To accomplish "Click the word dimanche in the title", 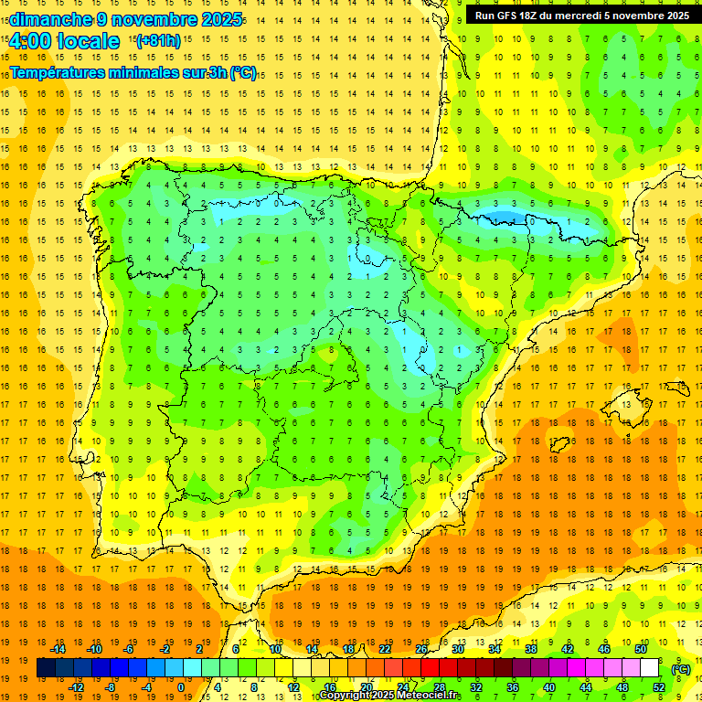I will click(42, 19).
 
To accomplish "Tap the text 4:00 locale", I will click(64, 41).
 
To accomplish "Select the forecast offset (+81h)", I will click(158, 41).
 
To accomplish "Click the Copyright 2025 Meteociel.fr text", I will click(389, 696).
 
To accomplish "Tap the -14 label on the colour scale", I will click(58, 649).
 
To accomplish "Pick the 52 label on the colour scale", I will click(659, 686).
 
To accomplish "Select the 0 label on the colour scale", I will click(181, 686).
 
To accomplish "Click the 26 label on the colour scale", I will click(421, 649).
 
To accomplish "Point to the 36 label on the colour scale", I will click(512, 686).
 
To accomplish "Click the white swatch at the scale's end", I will click(649, 668).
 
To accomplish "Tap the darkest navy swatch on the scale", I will click(46, 668).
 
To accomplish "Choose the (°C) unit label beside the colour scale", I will click(680, 668).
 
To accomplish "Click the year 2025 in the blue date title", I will click(222, 19).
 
